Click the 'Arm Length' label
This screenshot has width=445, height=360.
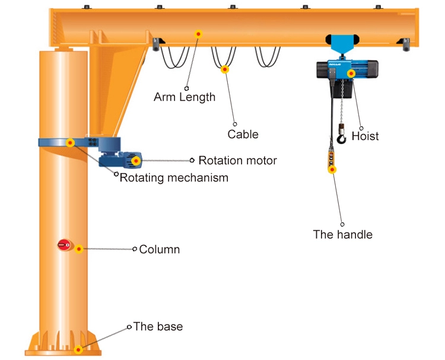click(x=185, y=97)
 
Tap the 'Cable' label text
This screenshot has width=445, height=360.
click(x=243, y=134)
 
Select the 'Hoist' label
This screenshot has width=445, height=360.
click(x=365, y=136)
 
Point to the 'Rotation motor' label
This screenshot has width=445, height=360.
click(x=237, y=160)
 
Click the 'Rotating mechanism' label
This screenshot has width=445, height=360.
click(x=174, y=177)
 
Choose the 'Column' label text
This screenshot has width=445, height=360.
click(x=159, y=250)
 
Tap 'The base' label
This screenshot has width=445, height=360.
click(x=158, y=327)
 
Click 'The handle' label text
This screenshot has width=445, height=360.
click(x=343, y=234)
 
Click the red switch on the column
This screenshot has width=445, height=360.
click(x=64, y=244)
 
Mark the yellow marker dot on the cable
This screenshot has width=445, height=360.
click(x=225, y=69)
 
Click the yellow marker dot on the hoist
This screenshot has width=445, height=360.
click(x=352, y=74)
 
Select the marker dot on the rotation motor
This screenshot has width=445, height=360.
click(x=136, y=161)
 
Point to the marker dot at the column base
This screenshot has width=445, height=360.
click(x=78, y=350)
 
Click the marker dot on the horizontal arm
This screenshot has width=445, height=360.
click(x=199, y=34)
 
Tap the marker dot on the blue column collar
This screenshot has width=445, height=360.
click(x=70, y=142)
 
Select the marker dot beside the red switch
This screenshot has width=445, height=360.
click(x=78, y=249)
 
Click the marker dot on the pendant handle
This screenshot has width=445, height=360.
click(x=332, y=170)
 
